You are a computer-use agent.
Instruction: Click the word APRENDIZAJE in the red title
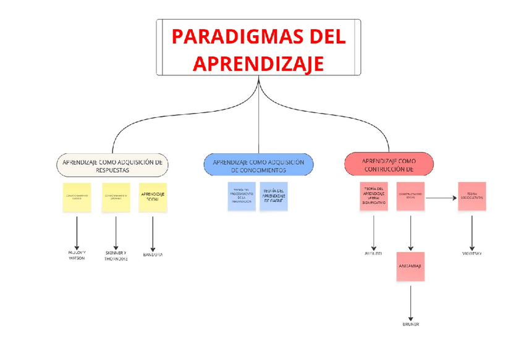click(x=258, y=63)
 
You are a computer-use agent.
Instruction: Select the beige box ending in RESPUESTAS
click(x=112, y=165)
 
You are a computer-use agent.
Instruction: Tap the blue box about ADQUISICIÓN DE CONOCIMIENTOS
click(x=258, y=165)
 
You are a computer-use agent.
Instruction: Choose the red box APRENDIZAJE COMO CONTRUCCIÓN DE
click(x=389, y=164)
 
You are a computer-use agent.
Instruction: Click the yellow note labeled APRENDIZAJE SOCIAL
click(x=153, y=198)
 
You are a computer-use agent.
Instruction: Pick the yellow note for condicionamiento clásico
click(x=77, y=198)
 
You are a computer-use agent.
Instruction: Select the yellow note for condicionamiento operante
click(x=116, y=198)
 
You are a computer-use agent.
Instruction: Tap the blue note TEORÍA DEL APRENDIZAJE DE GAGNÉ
click(x=274, y=196)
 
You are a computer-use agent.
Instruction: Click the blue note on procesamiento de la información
click(x=240, y=196)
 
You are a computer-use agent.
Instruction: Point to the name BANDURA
click(x=153, y=254)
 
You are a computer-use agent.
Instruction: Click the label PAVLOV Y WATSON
click(x=77, y=255)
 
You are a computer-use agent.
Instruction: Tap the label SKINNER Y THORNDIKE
click(x=116, y=255)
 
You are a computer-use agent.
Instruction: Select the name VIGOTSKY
click(x=473, y=253)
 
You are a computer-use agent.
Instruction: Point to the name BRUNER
click(x=411, y=324)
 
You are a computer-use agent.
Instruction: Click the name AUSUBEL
click(x=373, y=253)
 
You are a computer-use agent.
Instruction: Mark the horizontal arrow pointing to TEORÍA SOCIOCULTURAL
click(x=441, y=198)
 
